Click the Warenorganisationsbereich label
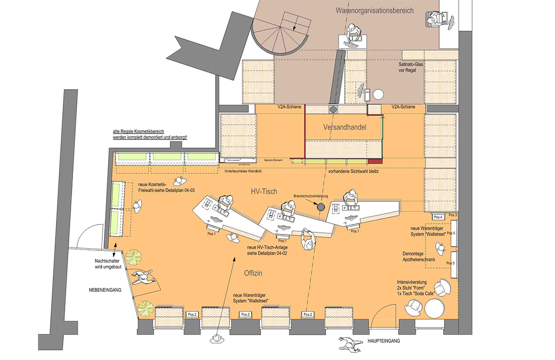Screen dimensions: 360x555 click(374, 10)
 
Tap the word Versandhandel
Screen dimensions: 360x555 click(344, 127)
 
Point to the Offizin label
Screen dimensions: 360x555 click(253, 273)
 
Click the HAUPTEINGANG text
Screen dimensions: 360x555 click(384, 341)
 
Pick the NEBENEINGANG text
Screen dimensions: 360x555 click(104, 290)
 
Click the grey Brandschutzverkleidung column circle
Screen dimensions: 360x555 click(320, 207)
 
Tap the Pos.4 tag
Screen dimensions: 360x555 click(438, 217)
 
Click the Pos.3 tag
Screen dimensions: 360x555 click(453, 215)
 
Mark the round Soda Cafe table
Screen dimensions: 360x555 click(434, 308)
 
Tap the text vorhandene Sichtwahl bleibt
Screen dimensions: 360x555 click(353, 171)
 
